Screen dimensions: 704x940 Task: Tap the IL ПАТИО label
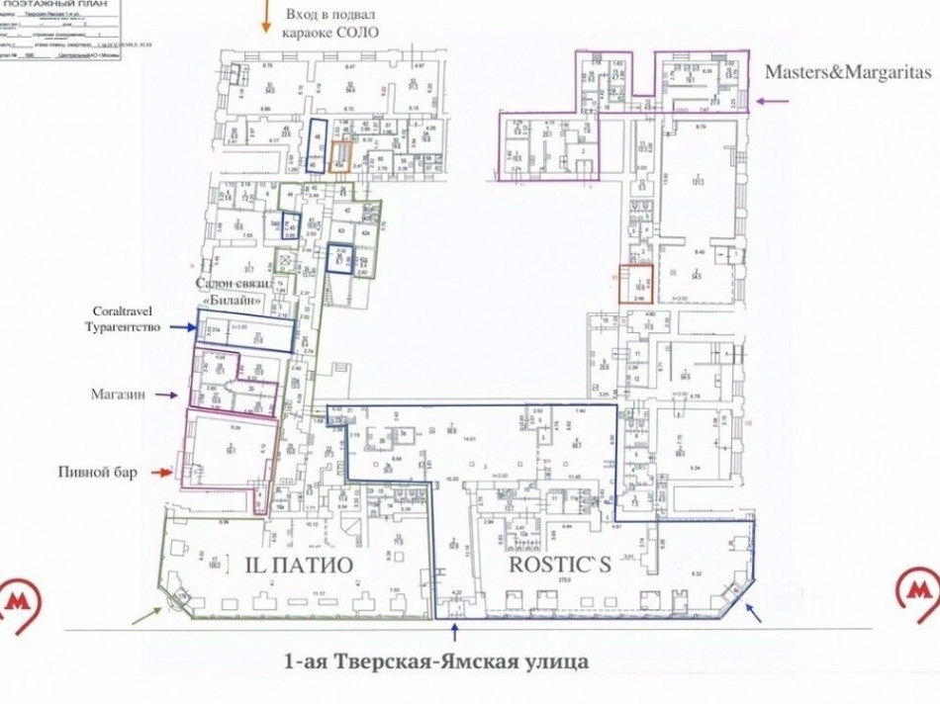point(298,566)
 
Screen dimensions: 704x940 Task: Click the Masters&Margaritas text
point(848,73)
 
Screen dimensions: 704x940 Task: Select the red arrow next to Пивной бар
point(160,474)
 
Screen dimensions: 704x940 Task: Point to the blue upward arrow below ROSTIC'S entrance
point(455,630)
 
